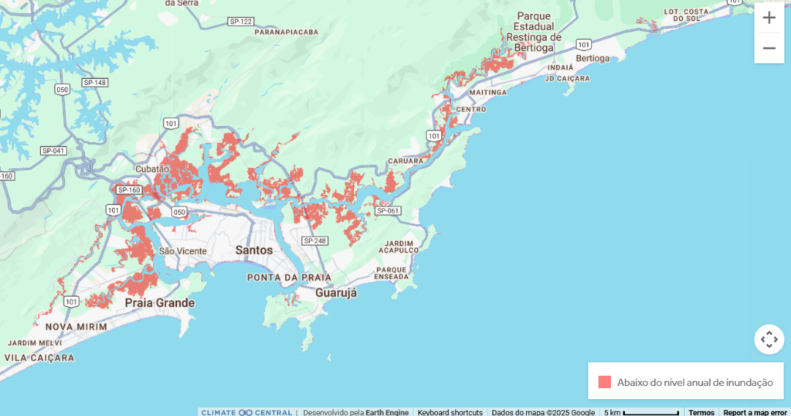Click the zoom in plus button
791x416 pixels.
pyautogui.click(x=769, y=18)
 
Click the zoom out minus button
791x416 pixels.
pyautogui.click(x=769, y=48)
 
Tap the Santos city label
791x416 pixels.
pyautogui.click(x=253, y=251)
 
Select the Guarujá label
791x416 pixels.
pyautogui.click(x=336, y=293)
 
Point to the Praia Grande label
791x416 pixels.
pyautogui.click(x=160, y=303)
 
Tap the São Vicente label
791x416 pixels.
pyautogui.click(x=182, y=251)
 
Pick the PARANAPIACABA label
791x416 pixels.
pyautogui.click(x=287, y=32)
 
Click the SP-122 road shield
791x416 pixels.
pyautogui.click(x=242, y=21)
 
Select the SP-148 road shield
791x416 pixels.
pyautogui.click(x=94, y=83)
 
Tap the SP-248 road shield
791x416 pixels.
pyautogui.click(x=315, y=241)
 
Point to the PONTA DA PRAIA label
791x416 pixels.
pyautogui.click(x=289, y=277)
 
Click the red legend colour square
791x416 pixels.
pyautogui.click(x=604, y=382)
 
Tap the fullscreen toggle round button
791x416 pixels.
pyautogui.click(x=769, y=339)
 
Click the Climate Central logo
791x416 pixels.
pyautogui.click(x=246, y=412)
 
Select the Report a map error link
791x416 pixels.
pyautogui.click(x=755, y=412)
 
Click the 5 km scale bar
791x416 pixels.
pyautogui.click(x=641, y=412)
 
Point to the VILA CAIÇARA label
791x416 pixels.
pyautogui.click(x=39, y=358)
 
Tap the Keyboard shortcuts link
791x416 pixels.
pyautogui.click(x=450, y=412)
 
